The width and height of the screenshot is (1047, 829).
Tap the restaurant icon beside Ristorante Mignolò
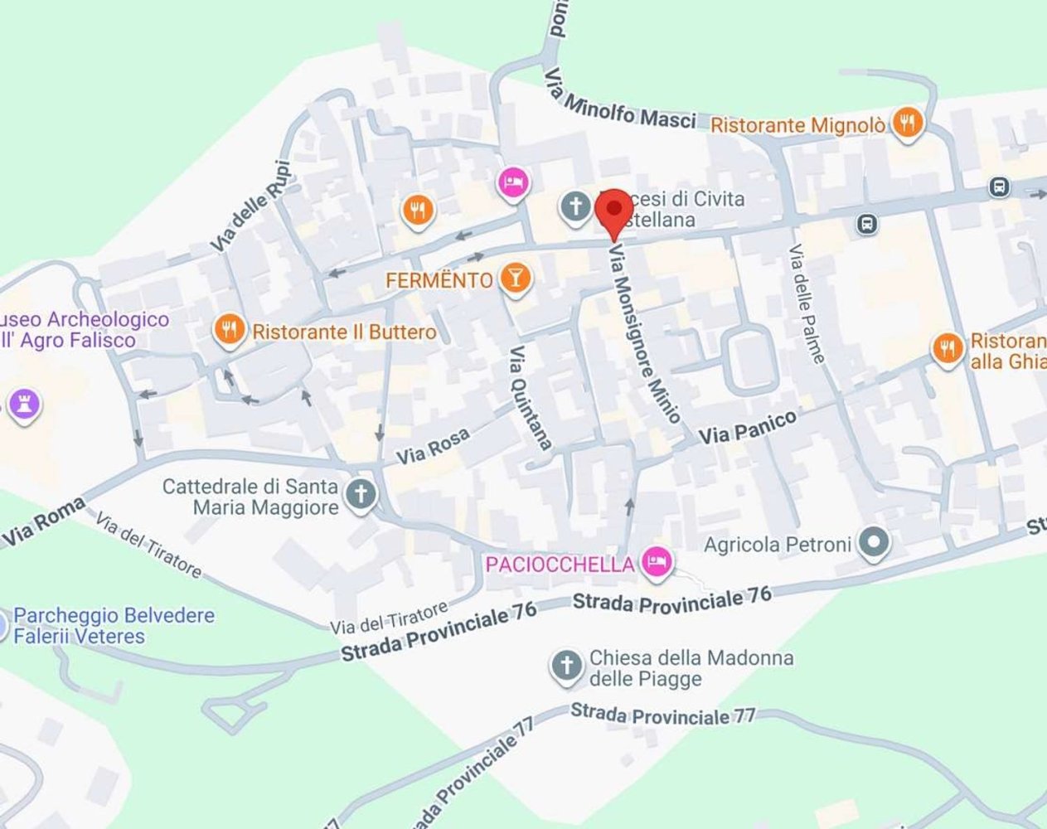coord(909,124)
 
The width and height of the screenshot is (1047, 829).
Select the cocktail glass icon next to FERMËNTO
coord(516,279)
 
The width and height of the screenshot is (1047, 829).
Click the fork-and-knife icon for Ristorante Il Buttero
coord(230,331)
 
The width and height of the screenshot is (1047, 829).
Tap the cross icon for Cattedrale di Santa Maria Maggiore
coord(361,495)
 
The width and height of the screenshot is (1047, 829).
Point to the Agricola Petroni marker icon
coord(873,544)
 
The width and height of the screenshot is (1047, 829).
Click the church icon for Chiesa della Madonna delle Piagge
coord(567,666)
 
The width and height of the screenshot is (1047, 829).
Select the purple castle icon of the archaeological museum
coord(24,405)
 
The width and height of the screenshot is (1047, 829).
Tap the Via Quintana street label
coord(531,397)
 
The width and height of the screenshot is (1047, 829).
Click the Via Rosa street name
coord(433,446)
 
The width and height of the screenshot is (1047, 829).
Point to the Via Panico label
coord(749,426)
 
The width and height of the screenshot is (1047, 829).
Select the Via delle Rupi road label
coord(251,206)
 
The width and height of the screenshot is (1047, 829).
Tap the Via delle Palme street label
coord(807,303)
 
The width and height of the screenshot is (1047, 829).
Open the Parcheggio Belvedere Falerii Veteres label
coord(114,626)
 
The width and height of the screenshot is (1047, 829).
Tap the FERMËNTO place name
coord(439,280)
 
